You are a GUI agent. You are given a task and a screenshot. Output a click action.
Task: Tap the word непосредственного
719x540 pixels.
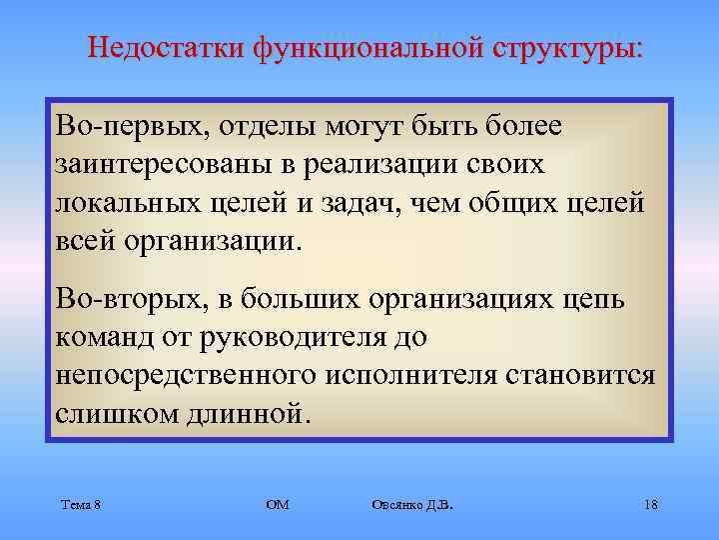pos(185,374)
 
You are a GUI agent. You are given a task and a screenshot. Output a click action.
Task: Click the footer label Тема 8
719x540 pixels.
pos(79,504)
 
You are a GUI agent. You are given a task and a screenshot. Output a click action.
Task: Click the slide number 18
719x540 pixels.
pos(650,504)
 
